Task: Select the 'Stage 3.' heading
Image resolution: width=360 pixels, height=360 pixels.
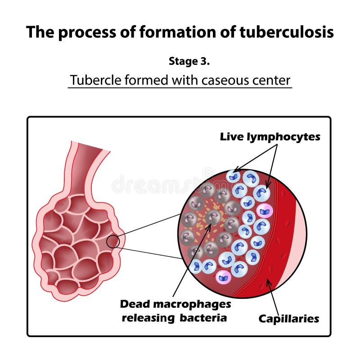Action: pyautogui.click(x=189, y=62)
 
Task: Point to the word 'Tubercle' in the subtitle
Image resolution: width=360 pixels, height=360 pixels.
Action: pyautogui.click(x=93, y=81)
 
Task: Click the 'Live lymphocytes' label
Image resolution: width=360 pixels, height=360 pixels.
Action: pyautogui.click(x=270, y=137)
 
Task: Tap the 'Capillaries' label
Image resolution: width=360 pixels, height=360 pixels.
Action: pyautogui.click(x=288, y=319)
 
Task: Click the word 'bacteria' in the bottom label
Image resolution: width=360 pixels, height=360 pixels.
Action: pyautogui.click(x=203, y=318)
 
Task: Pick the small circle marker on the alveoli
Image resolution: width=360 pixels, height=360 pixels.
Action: pyautogui.click(x=113, y=242)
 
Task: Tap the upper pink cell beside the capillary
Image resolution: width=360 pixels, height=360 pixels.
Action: pyautogui.click(x=265, y=210)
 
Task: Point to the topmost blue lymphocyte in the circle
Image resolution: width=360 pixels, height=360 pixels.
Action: pyautogui.click(x=234, y=176)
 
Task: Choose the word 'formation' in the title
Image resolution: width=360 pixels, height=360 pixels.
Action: pyautogui.click(x=167, y=32)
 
